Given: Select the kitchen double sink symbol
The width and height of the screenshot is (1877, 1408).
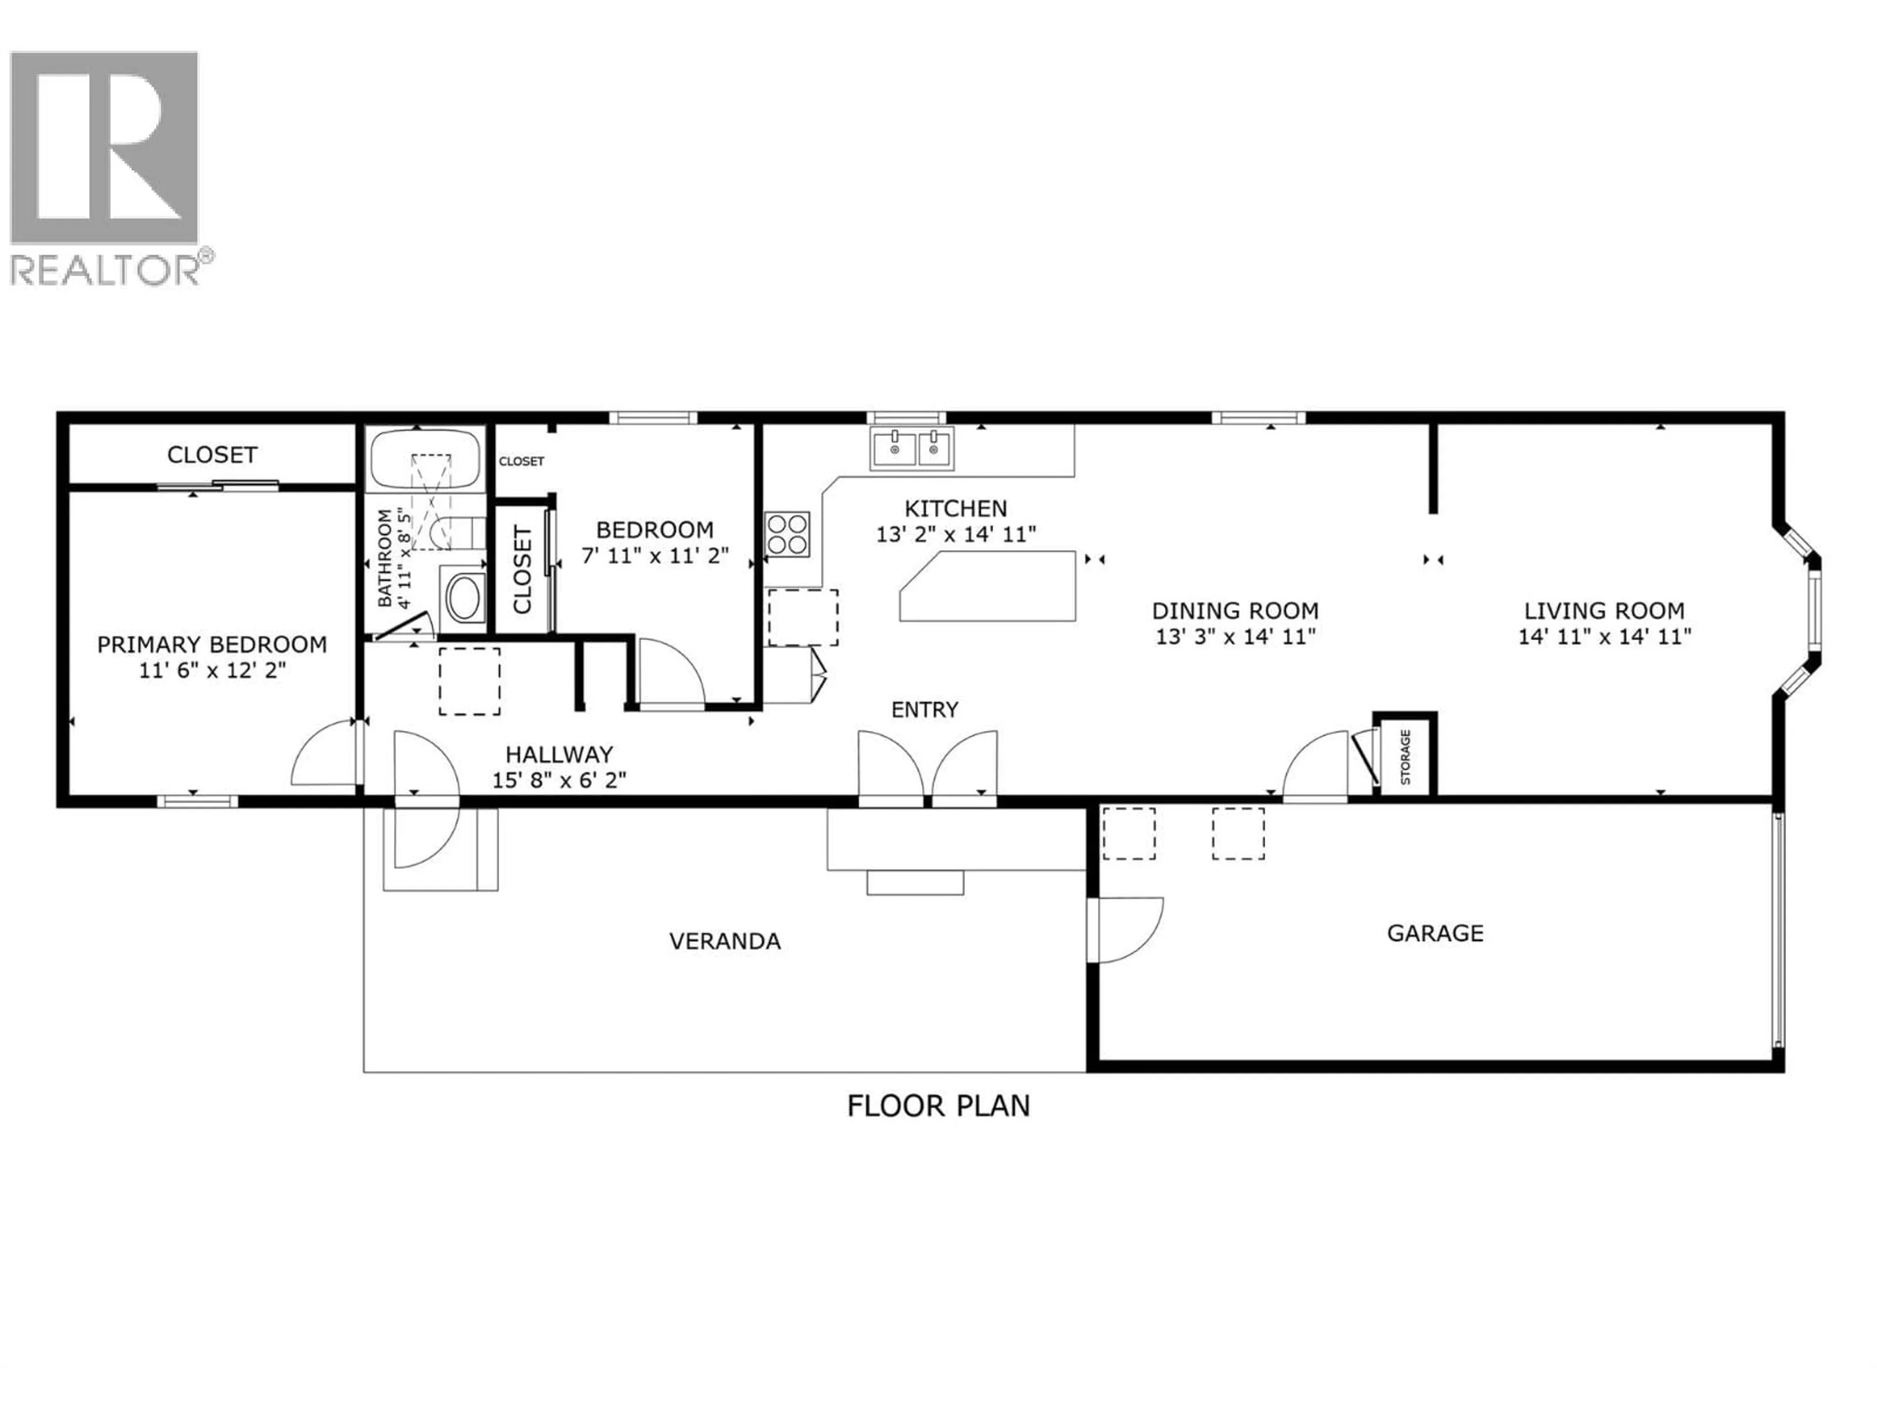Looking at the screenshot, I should pos(911,448).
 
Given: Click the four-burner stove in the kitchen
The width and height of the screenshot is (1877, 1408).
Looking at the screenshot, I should pos(786,534).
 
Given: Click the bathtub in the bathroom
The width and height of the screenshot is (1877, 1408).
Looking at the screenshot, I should pos(424,458).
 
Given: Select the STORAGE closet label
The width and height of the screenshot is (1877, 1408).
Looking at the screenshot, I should pos(1405,756).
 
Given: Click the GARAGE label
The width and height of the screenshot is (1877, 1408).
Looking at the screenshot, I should pos(1435,934).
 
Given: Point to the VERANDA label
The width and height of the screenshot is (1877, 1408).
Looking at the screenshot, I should pos(725,941).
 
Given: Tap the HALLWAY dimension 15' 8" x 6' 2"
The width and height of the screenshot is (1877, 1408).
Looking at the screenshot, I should pos(559,779).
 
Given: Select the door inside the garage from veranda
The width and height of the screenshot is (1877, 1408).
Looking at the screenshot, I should pos(1124,930).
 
